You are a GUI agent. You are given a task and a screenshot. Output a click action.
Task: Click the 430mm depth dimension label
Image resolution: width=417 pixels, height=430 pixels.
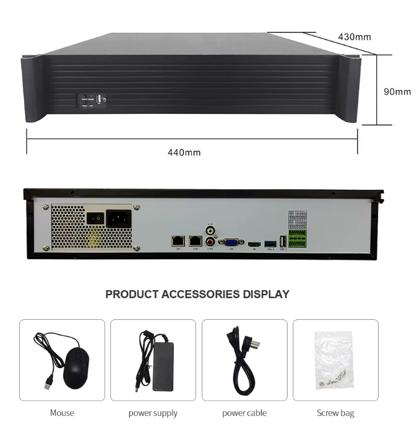click(x=355, y=37)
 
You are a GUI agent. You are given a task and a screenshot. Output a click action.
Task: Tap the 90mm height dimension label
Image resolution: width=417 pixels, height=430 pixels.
click(x=397, y=92)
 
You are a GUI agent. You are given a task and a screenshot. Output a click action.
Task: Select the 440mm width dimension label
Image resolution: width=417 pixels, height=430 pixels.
click(x=184, y=152)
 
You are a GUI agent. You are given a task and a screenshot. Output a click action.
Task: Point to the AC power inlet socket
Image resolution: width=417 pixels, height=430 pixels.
click(x=118, y=218)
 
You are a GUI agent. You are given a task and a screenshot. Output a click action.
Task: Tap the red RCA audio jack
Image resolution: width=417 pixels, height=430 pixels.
click(x=210, y=242)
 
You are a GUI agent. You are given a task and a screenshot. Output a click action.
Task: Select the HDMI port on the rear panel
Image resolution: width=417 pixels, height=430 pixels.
click(x=254, y=245)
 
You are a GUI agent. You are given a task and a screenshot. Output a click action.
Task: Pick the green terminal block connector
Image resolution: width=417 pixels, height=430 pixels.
click(x=297, y=238)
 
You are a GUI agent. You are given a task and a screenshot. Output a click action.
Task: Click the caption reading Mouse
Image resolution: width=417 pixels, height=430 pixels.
click(x=62, y=413)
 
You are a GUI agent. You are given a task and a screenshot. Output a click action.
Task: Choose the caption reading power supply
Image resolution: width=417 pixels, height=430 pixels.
click(x=153, y=413)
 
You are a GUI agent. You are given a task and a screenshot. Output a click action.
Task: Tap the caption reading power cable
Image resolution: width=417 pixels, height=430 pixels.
click(x=244, y=413)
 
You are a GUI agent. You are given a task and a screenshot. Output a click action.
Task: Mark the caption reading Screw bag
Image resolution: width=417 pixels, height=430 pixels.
click(x=335, y=413)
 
